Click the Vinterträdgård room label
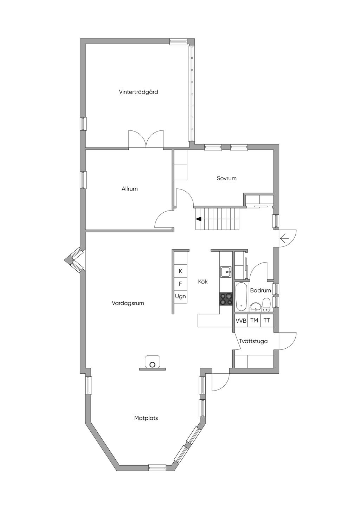coord(138,92)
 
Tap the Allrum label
coord(129,189)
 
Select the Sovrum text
coord(226,178)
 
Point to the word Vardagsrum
coord(128,303)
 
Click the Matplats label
coord(146,418)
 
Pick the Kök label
coord(203,282)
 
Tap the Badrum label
coord(261,290)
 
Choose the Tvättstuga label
coord(253,341)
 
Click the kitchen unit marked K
coord(180,271)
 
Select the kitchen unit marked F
coord(180,284)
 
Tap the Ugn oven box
coord(180,296)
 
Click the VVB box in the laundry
coord(241,321)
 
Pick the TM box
coord(254,321)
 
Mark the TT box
coord(267,321)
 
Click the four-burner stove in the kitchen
coord(226,299)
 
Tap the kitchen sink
coord(226,271)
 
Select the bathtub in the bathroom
coord(241,296)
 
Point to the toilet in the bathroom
coord(266,304)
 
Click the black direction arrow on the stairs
coord(199,219)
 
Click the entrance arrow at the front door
coord(284,239)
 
